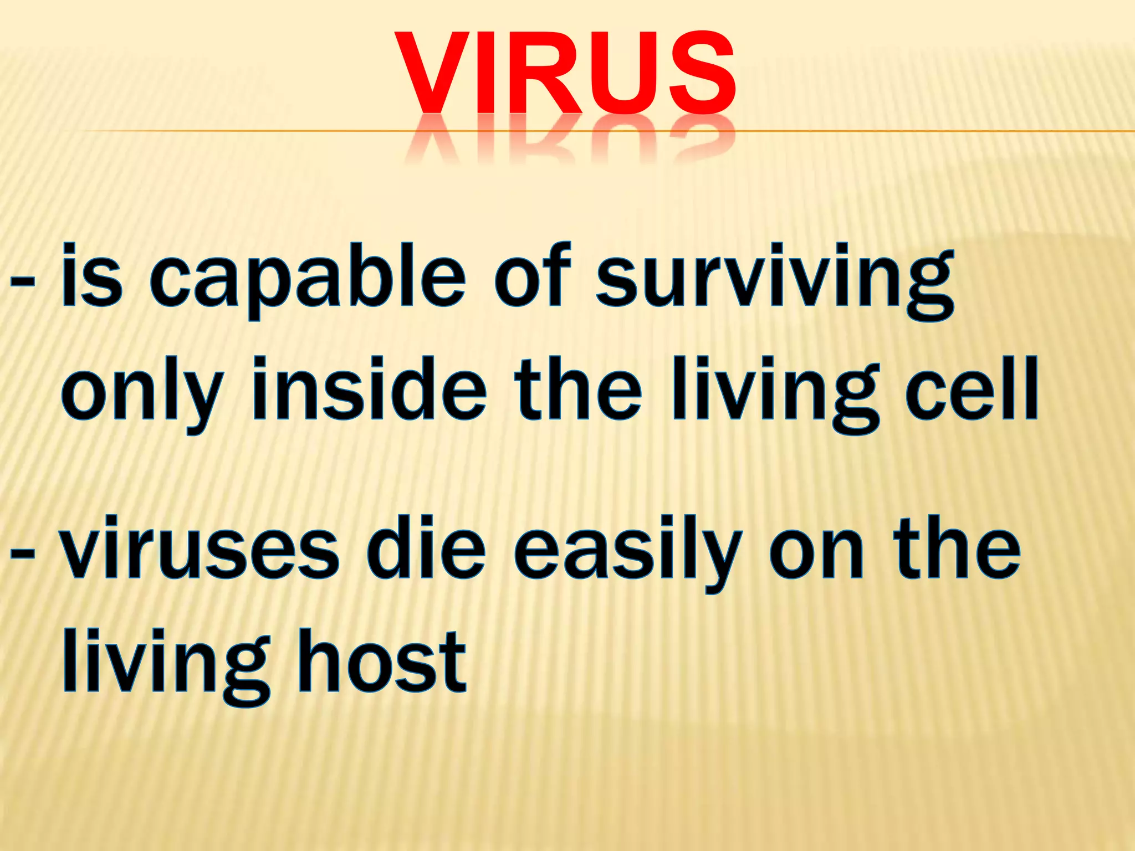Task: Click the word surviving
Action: pos(774,280)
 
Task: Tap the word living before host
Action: pos(166,665)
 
